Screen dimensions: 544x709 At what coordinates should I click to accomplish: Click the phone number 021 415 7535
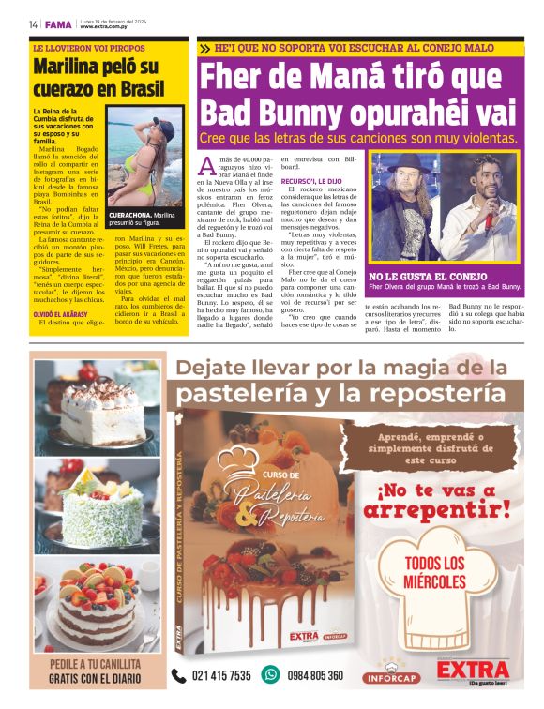tap(220, 675)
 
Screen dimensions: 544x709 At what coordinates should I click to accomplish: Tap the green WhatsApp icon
tap(271, 674)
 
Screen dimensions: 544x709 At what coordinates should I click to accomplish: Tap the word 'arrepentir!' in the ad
tap(436, 510)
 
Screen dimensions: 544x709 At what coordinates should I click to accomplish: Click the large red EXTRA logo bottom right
tap(473, 670)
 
